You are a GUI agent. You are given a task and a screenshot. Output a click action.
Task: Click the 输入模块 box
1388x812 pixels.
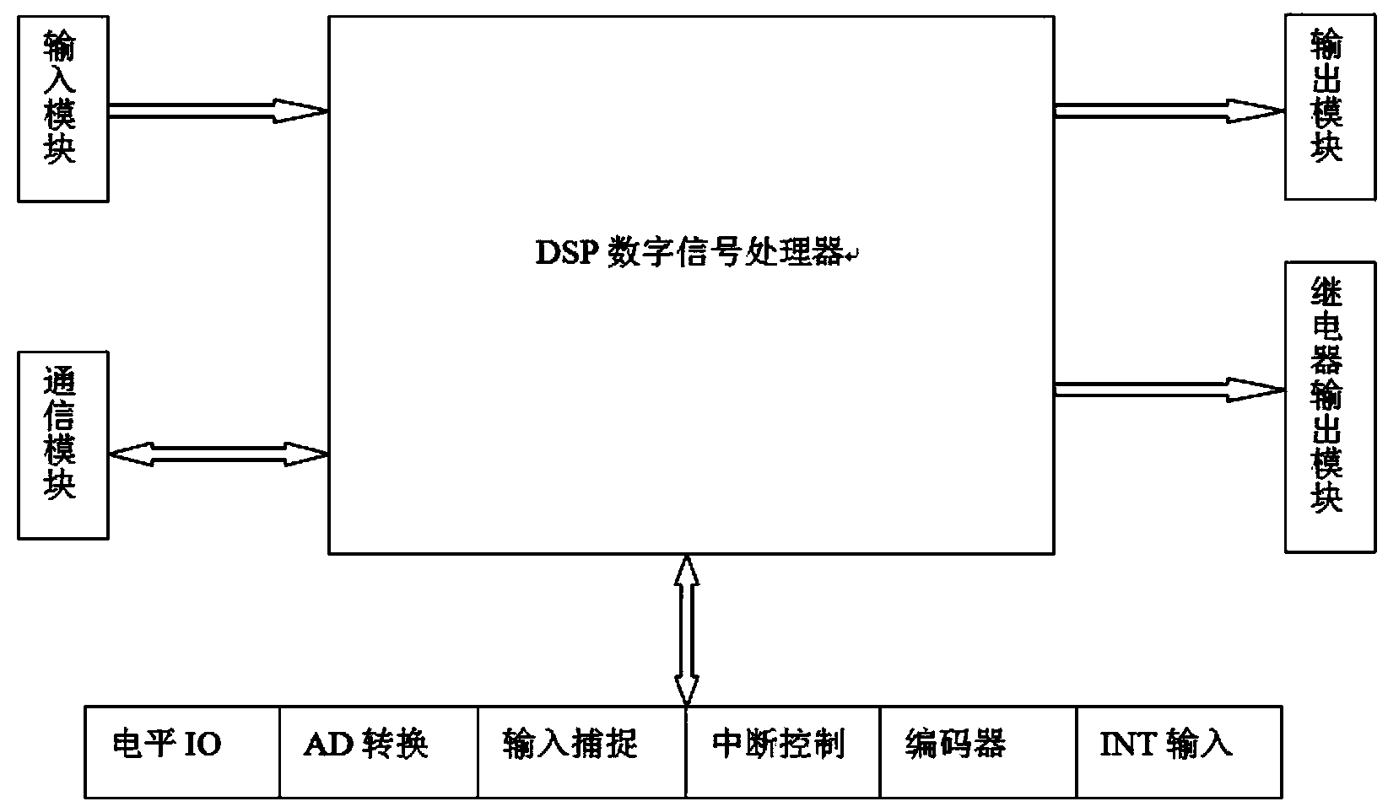click(63, 109)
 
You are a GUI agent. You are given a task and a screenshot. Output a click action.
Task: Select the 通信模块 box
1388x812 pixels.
click(63, 444)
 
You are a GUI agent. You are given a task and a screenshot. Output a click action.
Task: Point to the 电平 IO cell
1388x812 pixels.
click(182, 752)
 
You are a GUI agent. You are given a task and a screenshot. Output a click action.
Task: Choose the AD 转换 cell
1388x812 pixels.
click(379, 752)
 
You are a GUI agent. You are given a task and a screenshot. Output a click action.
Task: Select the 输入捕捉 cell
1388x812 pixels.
click(581, 752)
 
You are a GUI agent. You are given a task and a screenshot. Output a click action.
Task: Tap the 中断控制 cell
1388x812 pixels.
click(783, 752)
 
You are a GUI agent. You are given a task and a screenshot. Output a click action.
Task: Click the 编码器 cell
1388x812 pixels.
click(978, 752)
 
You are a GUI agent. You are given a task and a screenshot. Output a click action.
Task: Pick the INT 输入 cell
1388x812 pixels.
click(1179, 752)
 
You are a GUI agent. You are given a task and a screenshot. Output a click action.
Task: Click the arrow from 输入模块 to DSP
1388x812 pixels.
click(218, 110)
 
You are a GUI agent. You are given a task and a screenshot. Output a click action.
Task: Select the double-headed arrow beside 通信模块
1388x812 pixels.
click(218, 454)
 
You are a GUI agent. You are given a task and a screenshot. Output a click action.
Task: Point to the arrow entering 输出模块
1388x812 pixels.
click(1169, 110)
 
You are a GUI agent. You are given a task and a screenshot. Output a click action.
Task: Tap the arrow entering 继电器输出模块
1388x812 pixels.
click(1169, 389)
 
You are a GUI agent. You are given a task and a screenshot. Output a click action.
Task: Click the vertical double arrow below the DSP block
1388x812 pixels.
click(688, 630)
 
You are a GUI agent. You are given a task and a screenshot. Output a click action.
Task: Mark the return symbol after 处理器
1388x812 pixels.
click(852, 256)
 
